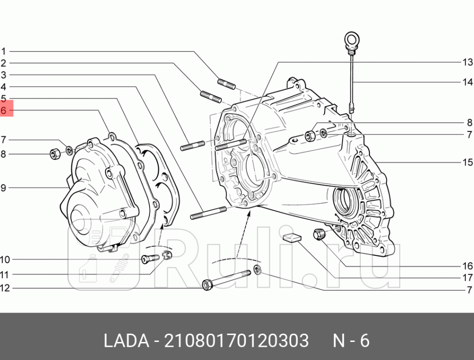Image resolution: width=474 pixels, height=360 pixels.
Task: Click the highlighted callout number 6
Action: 3,111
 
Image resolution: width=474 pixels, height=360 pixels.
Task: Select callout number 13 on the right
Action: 468,62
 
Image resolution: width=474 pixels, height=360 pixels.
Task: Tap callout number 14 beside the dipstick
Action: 468,82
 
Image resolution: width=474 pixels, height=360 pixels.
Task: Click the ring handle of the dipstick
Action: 351,39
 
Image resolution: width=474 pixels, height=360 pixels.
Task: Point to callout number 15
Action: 468,162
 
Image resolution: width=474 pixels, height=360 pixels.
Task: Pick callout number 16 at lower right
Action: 468,266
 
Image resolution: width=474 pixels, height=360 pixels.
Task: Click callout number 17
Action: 468,278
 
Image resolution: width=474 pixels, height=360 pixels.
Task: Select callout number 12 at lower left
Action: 5,288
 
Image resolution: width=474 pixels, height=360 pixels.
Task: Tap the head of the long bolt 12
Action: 207,284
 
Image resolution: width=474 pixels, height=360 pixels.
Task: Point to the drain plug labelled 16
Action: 319,234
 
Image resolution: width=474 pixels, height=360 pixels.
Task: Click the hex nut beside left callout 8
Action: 55,154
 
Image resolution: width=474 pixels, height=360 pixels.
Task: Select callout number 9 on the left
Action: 3,187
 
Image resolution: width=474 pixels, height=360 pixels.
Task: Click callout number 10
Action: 5,259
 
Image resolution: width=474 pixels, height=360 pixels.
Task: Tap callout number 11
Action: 5,275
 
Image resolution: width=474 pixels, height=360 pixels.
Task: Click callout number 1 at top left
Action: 3,51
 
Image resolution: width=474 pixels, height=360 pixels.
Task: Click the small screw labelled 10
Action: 148,258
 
